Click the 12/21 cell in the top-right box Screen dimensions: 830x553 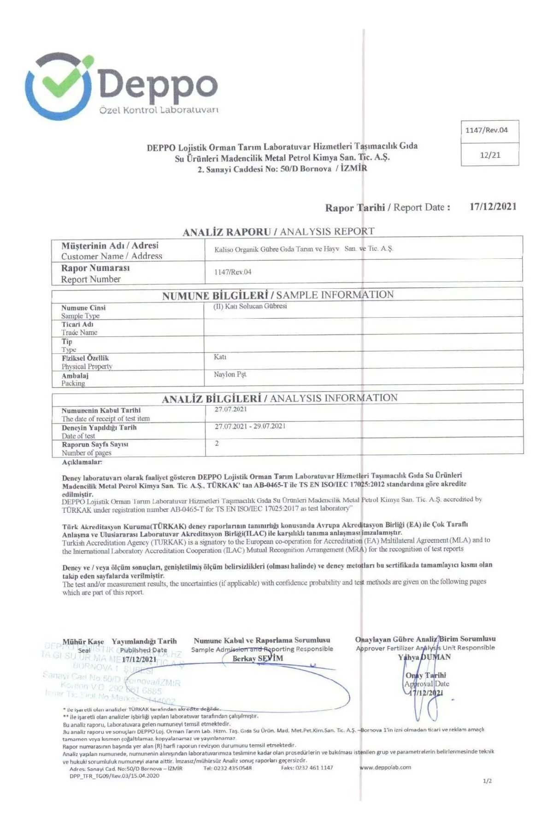[x=490, y=155]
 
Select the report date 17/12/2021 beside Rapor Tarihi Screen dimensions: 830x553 [x=493, y=207]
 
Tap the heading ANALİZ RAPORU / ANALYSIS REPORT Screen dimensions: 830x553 [x=278, y=231]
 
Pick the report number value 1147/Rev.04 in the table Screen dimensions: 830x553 [x=233, y=272]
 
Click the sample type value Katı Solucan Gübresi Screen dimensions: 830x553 [x=250, y=307]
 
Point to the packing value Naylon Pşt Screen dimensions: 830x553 [x=230, y=374]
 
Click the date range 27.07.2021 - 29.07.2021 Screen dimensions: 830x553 [x=250, y=426]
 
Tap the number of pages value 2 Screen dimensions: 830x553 [x=217, y=444]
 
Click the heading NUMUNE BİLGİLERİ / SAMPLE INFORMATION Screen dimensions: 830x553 [x=278, y=295]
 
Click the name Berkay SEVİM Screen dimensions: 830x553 [x=258, y=658]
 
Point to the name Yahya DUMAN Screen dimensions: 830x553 [x=424, y=657]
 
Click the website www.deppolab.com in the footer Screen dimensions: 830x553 [x=385, y=767]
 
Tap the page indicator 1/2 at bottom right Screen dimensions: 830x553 [x=487, y=781]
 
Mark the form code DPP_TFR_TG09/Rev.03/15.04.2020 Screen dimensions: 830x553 [x=114, y=776]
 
